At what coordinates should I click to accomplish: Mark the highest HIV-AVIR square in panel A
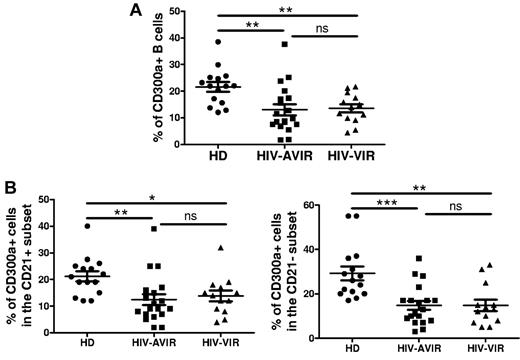click(x=284, y=45)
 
